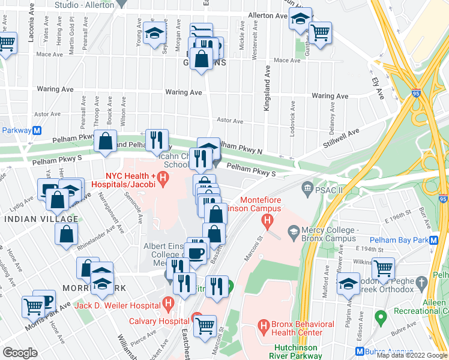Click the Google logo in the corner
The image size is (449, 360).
(x=20, y=352)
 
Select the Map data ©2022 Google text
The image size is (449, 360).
(x=412, y=355)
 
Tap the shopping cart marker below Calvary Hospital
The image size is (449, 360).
(x=205, y=326)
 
